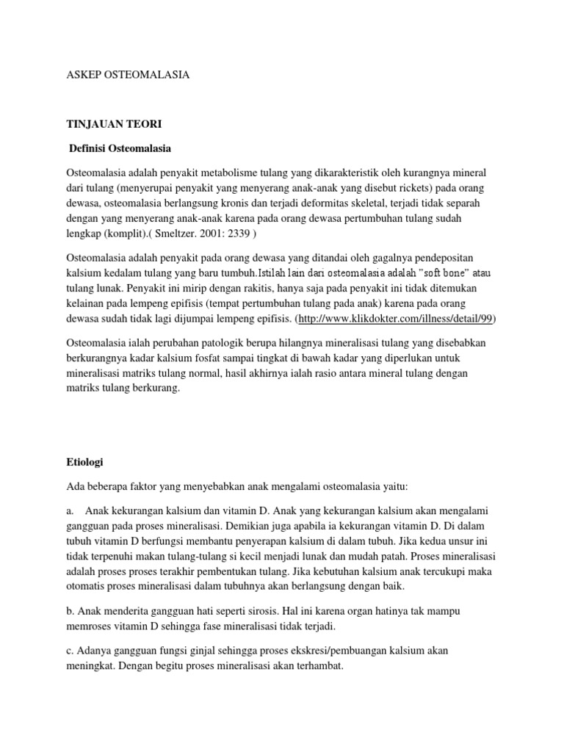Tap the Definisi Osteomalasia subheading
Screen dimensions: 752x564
tap(120, 149)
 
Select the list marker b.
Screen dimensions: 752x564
tap(70, 611)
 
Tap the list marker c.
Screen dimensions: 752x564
tap(69, 651)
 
